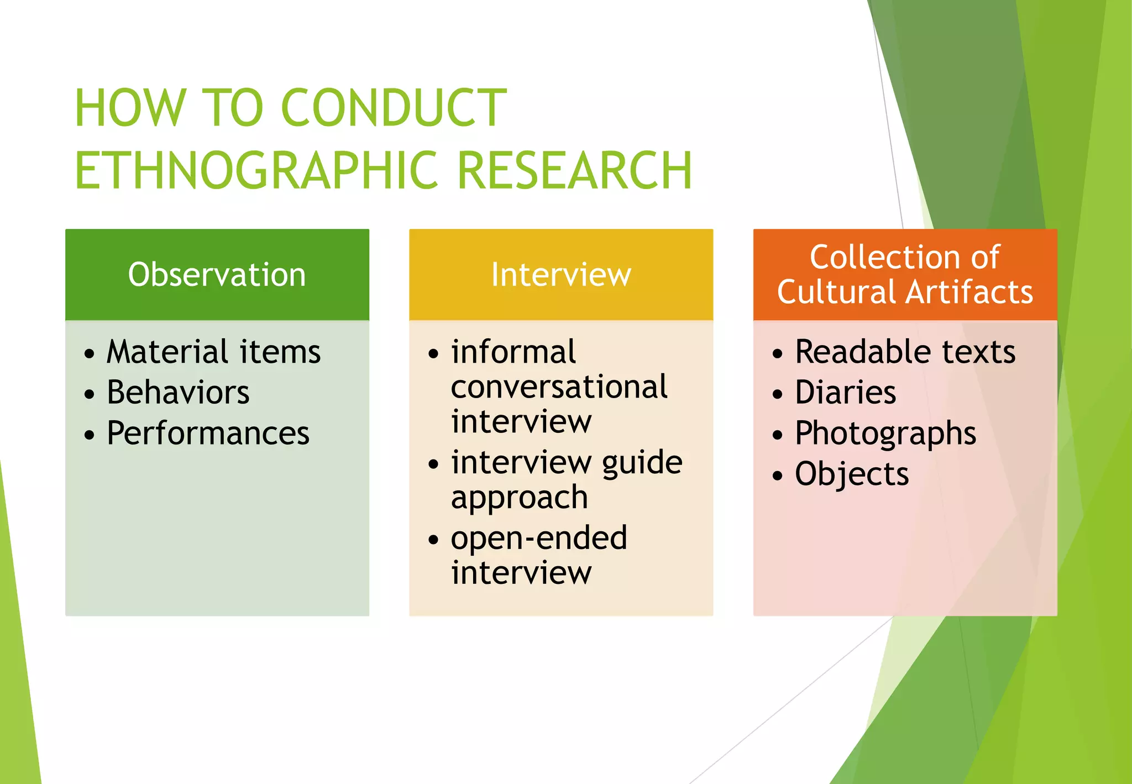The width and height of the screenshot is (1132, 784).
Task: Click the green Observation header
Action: [x=217, y=275]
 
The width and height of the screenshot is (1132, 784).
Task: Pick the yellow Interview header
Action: [x=561, y=275]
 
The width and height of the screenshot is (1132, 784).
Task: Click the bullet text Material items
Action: [x=213, y=352]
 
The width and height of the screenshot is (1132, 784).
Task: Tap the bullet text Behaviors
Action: [x=178, y=393]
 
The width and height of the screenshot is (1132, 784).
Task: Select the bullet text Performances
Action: [x=208, y=433]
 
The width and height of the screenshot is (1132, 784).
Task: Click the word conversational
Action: [x=559, y=386]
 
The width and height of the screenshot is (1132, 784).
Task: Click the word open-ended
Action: [x=539, y=538]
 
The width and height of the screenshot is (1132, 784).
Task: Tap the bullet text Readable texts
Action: [x=905, y=352]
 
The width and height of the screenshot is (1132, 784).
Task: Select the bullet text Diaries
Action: [x=845, y=393]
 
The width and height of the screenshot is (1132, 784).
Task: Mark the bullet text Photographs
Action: [x=885, y=433]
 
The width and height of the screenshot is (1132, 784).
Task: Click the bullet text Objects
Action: [x=852, y=474]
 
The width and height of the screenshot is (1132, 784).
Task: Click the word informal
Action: [x=513, y=352]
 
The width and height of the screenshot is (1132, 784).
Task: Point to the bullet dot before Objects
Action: [x=778, y=475]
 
